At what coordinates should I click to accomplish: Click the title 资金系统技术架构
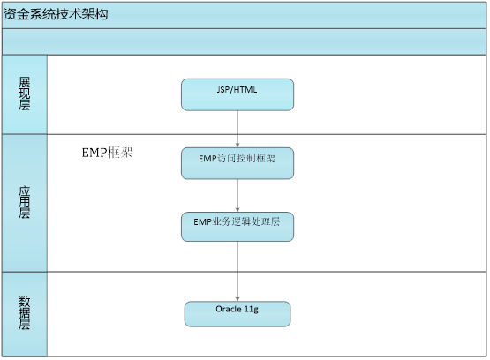pos(56,14)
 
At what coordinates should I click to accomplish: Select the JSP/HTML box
pos(237,94)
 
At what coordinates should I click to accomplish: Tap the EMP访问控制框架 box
pos(237,163)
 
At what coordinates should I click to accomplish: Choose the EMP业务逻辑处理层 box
pos(237,227)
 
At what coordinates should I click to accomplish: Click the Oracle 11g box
pos(237,314)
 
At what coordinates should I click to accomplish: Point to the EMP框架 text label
pos(107,153)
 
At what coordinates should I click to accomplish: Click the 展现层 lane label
pos(25,94)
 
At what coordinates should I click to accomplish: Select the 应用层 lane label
pos(25,202)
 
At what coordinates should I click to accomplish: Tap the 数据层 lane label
pos(25,313)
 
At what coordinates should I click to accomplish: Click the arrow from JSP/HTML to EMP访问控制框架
pos(237,129)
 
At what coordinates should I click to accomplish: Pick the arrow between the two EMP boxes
pos(237,196)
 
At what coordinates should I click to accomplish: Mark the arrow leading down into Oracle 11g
pos(237,272)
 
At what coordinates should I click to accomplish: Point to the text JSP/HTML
pos(237,90)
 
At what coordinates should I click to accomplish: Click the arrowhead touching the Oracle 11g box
pos(237,299)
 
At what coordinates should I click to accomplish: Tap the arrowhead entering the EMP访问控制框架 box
pos(237,146)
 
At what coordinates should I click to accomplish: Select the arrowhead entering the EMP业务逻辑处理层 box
pos(237,210)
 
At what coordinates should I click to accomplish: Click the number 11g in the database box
pos(252,310)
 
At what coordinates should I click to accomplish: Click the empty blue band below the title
pos(244,41)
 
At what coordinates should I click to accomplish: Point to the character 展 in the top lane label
pos(25,82)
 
